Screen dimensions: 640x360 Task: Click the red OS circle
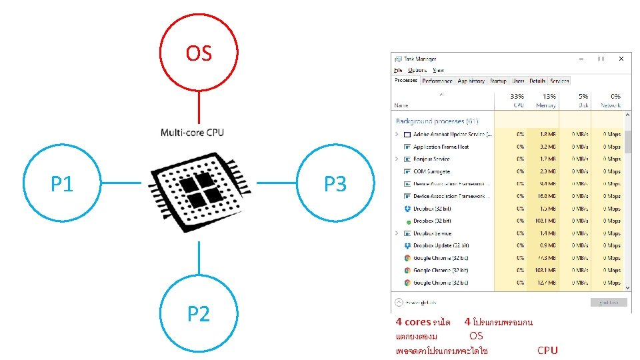click(x=199, y=53)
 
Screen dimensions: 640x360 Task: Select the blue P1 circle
click(x=62, y=183)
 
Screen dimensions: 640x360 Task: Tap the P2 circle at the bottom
click(x=199, y=313)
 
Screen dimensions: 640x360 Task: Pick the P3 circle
click(x=335, y=183)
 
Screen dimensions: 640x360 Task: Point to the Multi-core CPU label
click(x=192, y=132)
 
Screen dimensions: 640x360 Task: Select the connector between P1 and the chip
click(x=121, y=183)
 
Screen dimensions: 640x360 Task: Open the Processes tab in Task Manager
click(x=406, y=81)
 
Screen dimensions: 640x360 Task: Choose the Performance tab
click(x=437, y=81)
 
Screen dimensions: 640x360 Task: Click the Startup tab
click(x=498, y=81)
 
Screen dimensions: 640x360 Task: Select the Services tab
click(x=560, y=81)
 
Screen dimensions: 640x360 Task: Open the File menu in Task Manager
click(x=398, y=70)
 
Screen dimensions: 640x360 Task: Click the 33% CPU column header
click(x=517, y=101)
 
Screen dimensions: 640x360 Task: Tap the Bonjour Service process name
click(x=431, y=159)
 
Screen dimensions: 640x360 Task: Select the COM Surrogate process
click(x=431, y=171)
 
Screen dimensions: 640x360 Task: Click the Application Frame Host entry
click(x=441, y=147)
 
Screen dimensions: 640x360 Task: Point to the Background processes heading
click(x=437, y=121)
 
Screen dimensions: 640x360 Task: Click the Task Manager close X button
click(x=621, y=59)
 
